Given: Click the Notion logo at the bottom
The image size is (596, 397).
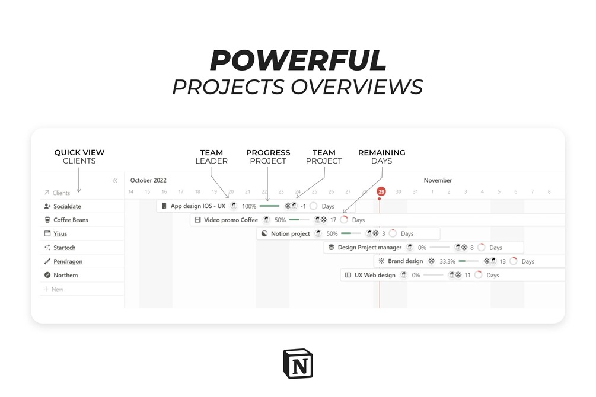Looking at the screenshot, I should pyautogui.click(x=298, y=363).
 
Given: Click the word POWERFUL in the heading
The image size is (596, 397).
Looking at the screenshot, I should pyautogui.click(x=298, y=60).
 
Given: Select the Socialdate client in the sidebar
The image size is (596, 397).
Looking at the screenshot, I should pyautogui.click(x=67, y=206).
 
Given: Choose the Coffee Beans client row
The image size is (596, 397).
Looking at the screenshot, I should pyautogui.click(x=71, y=220).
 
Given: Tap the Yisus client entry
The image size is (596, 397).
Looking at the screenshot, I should pyautogui.click(x=60, y=233).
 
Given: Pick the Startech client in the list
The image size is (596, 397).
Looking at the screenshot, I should pyautogui.click(x=64, y=248).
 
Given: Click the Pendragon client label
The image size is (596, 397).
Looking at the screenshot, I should pyautogui.click(x=68, y=261).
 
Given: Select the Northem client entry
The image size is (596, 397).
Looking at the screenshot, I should pyautogui.click(x=65, y=275).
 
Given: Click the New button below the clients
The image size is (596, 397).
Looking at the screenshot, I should pyautogui.click(x=57, y=289).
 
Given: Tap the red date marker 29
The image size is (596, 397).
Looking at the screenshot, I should pyautogui.click(x=381, y=191).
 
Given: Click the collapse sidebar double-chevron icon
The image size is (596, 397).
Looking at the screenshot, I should pyautogui.click(x=115, y=181).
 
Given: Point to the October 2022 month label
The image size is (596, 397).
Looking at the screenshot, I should pyautogui.click(x=148, y=180).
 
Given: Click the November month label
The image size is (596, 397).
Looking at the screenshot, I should pyautogui.click(x=438, y=180).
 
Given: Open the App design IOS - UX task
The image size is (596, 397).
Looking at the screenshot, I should pyautogui.click(x=197, y=206).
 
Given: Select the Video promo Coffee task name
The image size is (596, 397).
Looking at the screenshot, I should pyautogui.click(x=231, y=220).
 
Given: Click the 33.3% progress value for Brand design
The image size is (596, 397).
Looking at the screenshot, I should pyautogui.click(x=447, y=261).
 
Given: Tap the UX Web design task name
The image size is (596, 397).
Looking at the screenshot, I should pyautogui.click(x=374, y=275).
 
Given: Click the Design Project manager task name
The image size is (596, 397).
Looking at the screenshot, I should pyautogui.click(x=369, y=248).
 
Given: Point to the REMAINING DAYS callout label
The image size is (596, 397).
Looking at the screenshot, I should pyautogui.click(x=381, y=156).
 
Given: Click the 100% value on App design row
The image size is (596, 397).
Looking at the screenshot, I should pyautogui.click(x=249, y=206).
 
